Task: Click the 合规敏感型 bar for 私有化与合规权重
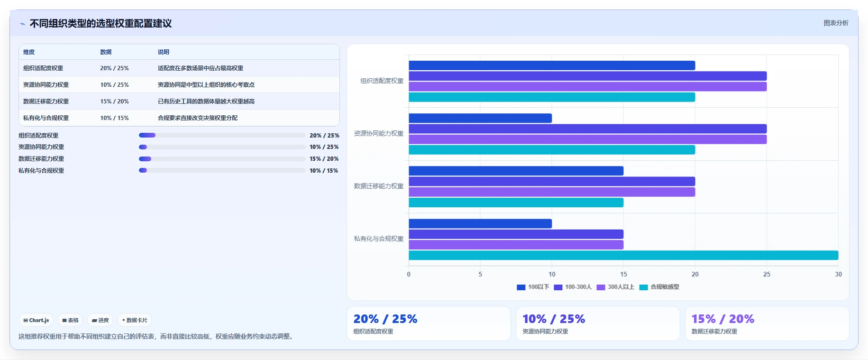pyautogui.click(x=623, y=255)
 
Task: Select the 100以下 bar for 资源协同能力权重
pyautogui.click(x=480, y=118)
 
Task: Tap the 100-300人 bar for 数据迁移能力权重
pyautogui.click(x=552, y=182)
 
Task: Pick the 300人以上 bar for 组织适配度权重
pyautogui.click(x=588, y=86)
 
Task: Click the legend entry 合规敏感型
pyautogui.click(x=659, y=287)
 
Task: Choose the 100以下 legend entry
pyautogui.click(x=533, y=287)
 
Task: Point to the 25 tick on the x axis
pyautogui.click(x=767, y=274)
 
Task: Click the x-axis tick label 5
pyautogui.click(x=480, y=274)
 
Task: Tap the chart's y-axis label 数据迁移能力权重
pyautogui.click(x=379, y=186)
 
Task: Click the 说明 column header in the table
pyautogui.click(x=164, y=52)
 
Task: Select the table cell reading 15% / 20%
pyautogui.click(x=114, y=102)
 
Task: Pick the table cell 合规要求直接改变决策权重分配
pyautogui.click(x=198, y=118)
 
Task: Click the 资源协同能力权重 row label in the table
pyautogui.click(x=46, y=85)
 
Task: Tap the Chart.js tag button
pyautogui.click(x=36, y=320)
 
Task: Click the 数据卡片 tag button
pyautogui.click(x=135, y=320)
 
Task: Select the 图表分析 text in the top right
pyautogui.click(x=836, y=23)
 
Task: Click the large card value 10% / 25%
pyautogui.click(x=554, y=319)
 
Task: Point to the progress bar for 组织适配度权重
pyautogui.click(x=222, y=135)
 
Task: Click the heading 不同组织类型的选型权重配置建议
pyautogui.click(x=101, y=23)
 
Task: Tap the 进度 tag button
pyautogui.click(x=101, y=320)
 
